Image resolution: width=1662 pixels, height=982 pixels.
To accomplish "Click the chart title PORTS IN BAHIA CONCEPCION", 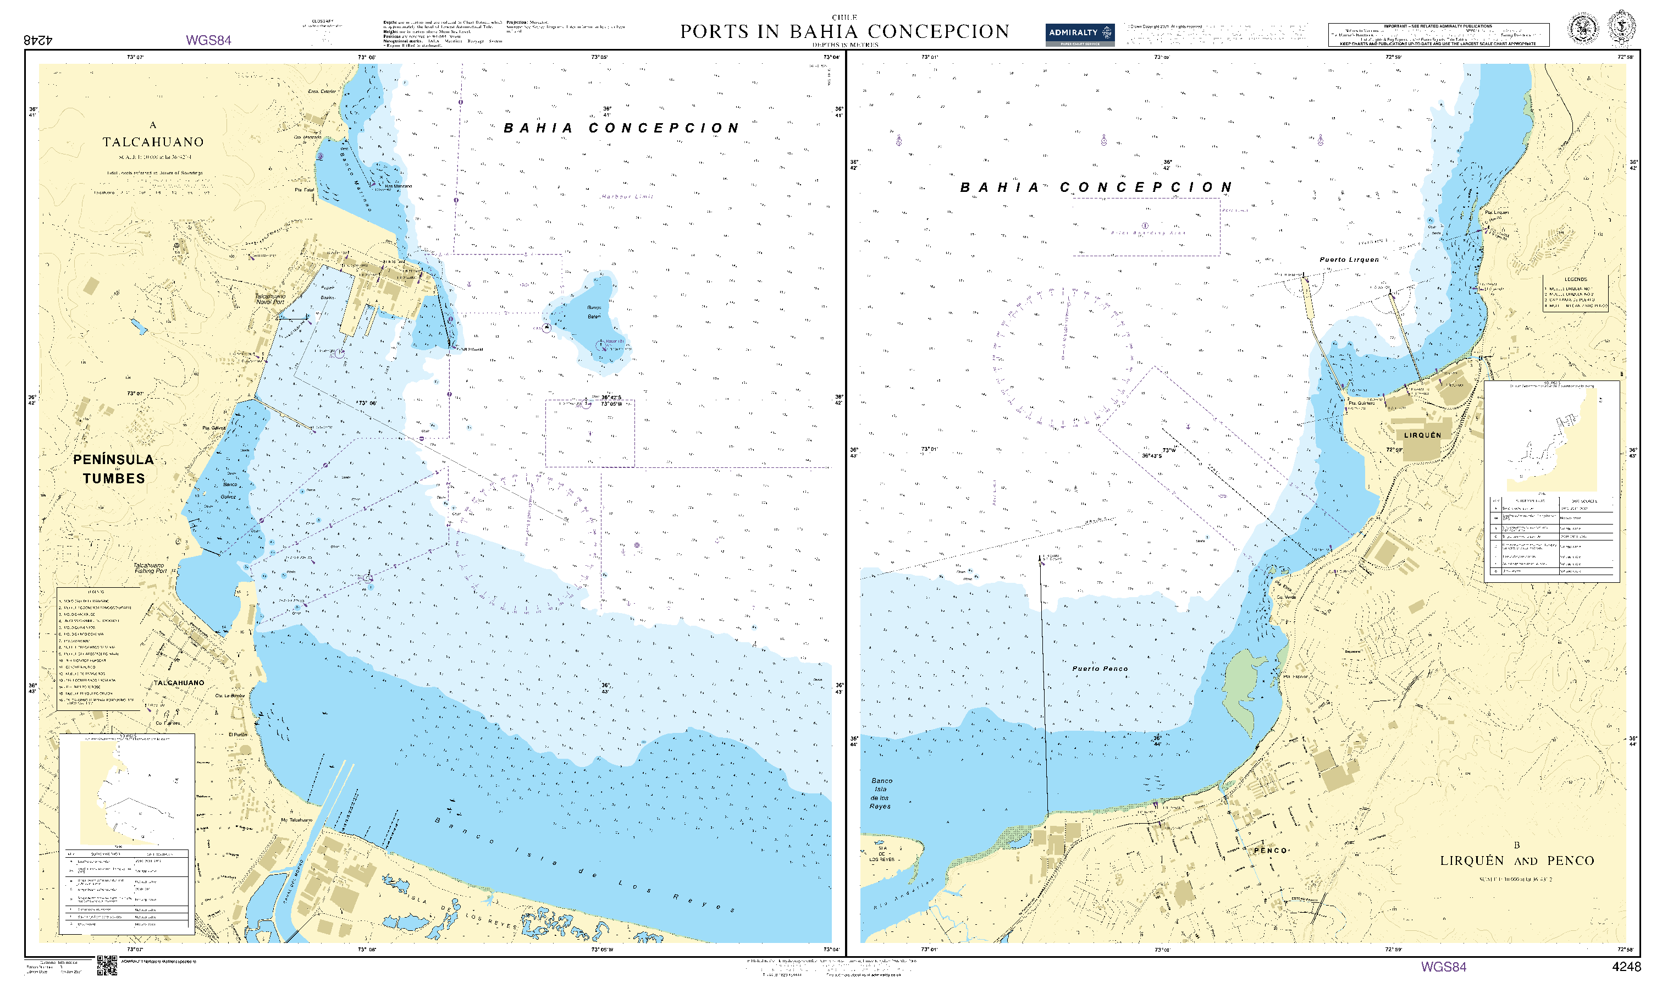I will coord(844,32).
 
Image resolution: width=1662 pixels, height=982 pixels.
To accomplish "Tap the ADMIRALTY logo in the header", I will coord(1079,33).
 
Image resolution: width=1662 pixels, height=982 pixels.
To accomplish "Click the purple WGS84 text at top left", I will coord(208,40).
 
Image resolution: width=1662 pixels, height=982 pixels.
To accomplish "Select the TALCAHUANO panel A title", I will coord(153,142).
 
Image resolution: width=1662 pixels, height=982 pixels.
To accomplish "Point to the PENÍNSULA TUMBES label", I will coord(113,468).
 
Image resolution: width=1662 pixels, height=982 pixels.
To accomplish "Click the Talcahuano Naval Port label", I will coord(270,299).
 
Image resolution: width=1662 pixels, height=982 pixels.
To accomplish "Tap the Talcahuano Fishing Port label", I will coord(150,568).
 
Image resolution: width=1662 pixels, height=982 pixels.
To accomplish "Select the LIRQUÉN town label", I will coord(1422,435).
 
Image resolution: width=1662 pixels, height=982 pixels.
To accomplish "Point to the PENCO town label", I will coord(1271,851).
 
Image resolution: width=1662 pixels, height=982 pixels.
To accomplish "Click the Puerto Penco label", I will coord(1100,669).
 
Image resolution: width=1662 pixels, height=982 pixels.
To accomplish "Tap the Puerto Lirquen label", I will coord(1349,260).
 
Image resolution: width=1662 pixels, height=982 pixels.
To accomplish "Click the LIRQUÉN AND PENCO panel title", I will coord(1516,860).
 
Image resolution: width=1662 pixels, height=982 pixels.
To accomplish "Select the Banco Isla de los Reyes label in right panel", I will coord(881,793).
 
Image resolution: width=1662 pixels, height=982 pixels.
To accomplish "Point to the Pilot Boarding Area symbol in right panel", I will coord(1145,227).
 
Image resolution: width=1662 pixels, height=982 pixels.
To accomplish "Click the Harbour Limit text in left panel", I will coord(627,196).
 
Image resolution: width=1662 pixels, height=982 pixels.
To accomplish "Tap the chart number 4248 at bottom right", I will coord(1626,967).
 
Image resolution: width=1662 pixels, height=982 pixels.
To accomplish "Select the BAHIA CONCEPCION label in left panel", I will coord(621,128).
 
